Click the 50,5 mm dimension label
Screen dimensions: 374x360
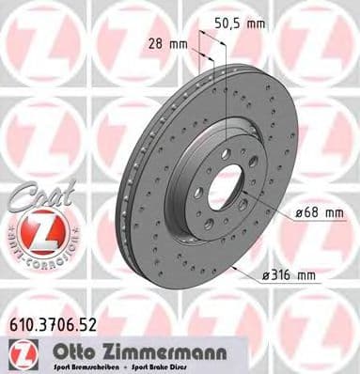point(240,23)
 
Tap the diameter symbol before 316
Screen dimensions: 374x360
point(267,275)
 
